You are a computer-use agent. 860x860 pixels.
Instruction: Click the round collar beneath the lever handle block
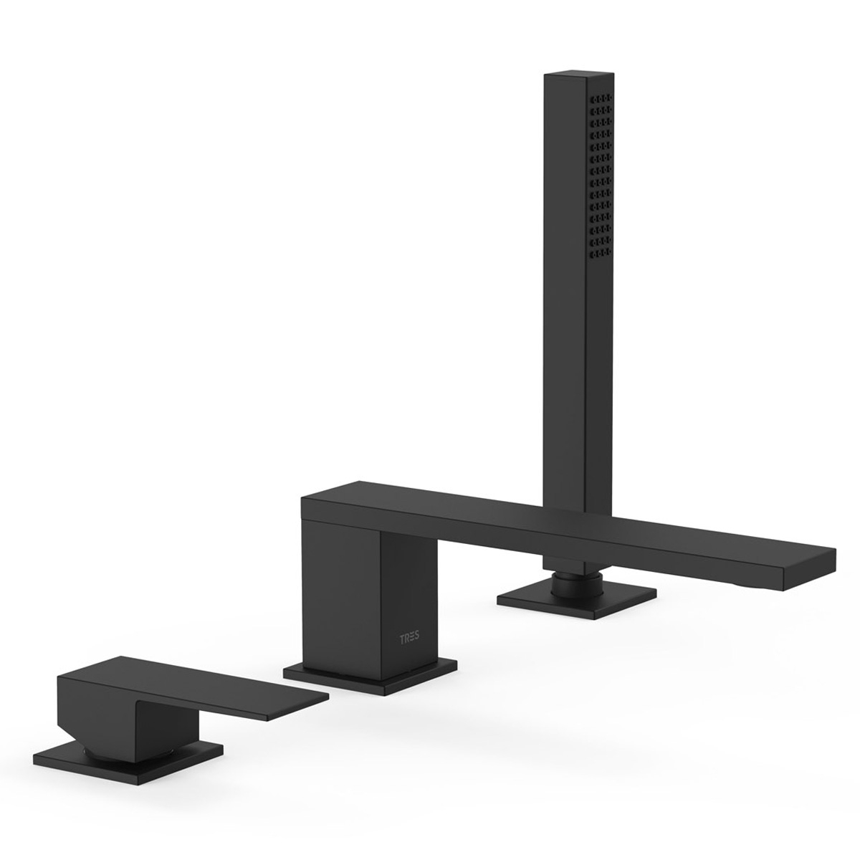click(100, 747)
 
